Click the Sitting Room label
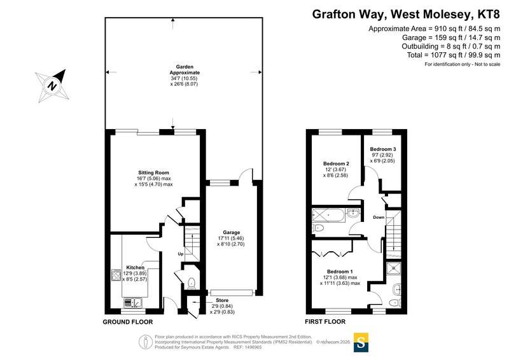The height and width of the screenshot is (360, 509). coord(153,173)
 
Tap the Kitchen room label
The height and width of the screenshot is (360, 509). coord(136,268)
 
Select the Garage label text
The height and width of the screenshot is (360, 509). coord(232,232)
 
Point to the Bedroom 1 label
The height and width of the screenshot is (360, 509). coord(340,272)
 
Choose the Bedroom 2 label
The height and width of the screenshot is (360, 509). coord(336,163)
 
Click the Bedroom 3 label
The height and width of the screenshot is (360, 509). coord(383,149)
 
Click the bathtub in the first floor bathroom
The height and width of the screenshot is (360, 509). coord(328,215)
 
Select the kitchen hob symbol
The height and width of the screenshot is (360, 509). coord(116,275)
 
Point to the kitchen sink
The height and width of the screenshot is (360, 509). coord(133,303)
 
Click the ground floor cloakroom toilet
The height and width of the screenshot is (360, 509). coord(192,283)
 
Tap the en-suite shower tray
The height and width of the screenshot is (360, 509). coord(394,268)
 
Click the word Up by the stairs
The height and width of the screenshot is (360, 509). coord(181,254)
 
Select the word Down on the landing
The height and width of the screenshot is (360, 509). coord(379,217)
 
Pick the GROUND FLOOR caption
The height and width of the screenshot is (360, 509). coord(128,322)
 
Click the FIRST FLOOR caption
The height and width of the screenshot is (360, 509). coord(325,322)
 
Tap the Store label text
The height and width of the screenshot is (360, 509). coord(222,300)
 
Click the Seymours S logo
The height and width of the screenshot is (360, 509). coord(361,342)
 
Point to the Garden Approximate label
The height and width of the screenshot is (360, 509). coord(185,69)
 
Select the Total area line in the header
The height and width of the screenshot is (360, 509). coord(454,55)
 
